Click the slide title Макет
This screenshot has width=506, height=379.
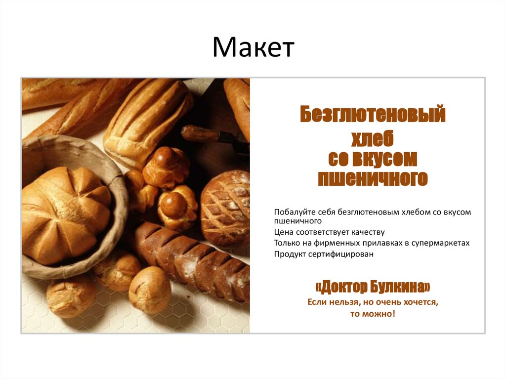coord(253,47)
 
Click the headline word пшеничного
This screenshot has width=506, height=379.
coord(373,178)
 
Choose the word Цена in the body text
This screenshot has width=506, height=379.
coord(283,232)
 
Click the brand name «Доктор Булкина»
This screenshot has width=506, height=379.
coord(373,287)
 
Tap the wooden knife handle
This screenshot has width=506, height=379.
coord(200,133)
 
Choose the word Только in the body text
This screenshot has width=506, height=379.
coord(286,243)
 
